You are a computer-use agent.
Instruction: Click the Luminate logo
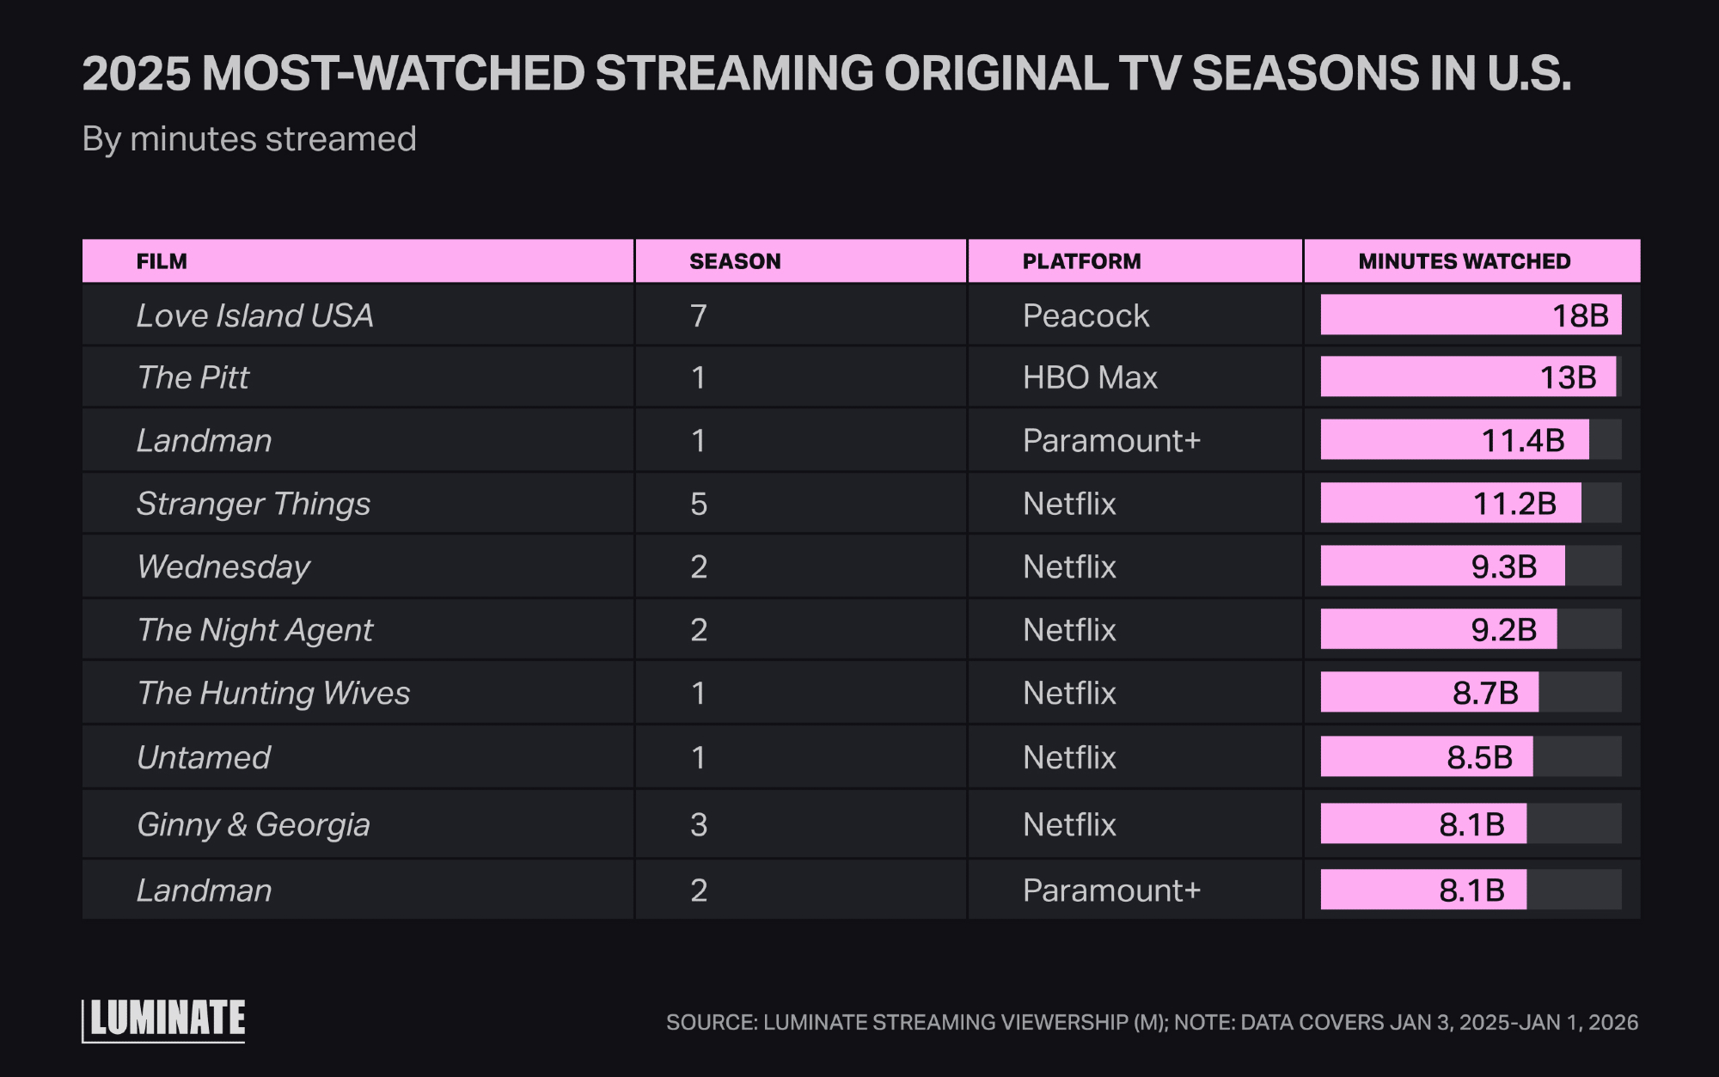pos(164,1019)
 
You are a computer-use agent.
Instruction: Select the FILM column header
pos(162,261)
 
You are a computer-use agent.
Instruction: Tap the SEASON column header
pos(735,261)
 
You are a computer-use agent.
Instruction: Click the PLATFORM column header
pos(1081,261)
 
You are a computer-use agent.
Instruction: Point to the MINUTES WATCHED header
pos(1464,261)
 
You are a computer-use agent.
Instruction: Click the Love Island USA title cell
pos(254,315)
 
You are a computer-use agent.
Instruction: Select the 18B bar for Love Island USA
pos(1470,315)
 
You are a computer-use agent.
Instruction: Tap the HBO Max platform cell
pos(1090,377)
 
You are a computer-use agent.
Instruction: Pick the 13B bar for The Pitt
pos(1467,377)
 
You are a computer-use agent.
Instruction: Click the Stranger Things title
pos(254,504)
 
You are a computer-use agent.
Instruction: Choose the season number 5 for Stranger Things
pos(699,504)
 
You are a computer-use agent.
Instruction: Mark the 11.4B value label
pos(1523,440)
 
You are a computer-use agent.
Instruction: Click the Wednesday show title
pos(223,566)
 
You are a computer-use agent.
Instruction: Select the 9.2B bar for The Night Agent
pos(1438,629)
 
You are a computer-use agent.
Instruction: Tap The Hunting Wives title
pos(273,693)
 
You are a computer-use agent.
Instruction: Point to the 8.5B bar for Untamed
pos(1426,756)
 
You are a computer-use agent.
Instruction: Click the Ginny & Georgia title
pos(254,824)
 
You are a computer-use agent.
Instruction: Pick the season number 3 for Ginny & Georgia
pos(699,824)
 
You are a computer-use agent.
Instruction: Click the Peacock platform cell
pos(1086,315)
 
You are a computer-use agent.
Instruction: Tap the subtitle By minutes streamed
pos(249,139)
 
